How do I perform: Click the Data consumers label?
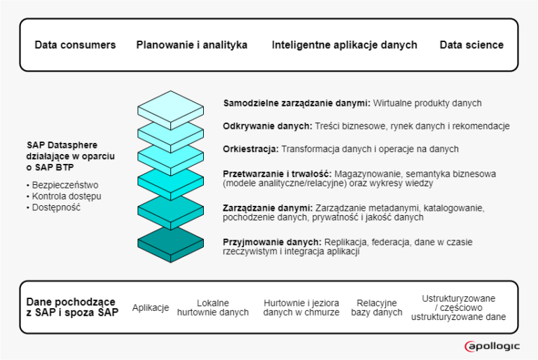[x=75, y=45]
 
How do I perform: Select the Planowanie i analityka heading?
[x=192, y=45]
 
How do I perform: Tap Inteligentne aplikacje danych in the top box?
[x=344, y=45]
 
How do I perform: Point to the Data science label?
[x=471, y=45]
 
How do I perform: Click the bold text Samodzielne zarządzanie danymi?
[x=296, y=103]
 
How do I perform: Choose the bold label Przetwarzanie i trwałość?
[x=277, y=173]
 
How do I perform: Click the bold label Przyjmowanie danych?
[x=273, y=242]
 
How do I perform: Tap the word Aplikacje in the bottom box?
[x=151, y=307]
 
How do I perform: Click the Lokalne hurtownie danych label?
[x=213, y=307]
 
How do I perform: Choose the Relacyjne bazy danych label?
[x=377, y=307]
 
